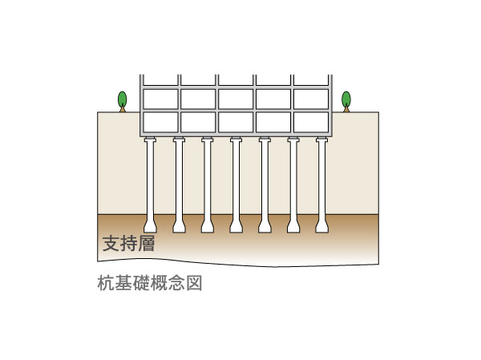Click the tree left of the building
[x=122, y=100]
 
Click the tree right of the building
[x=346, y=100]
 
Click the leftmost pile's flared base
[x=150, y=225]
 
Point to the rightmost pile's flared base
[x=322, y=225]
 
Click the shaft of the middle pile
[x=236, y=180]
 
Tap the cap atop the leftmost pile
[x=150, y=140]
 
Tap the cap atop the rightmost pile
[x=322, y=140]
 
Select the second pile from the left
[x=179, y=180]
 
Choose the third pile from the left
[x=207, y=180]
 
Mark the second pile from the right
[x=293, y=180]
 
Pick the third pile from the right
[x=265, y=180]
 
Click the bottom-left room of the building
[x=160, y=121]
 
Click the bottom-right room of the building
[x=311, y=121]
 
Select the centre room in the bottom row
[x=236, y=121]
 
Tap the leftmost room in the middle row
[x=160, y=98]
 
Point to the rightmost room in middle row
[x=311, y=98]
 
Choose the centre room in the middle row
[x=236, y=98]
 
